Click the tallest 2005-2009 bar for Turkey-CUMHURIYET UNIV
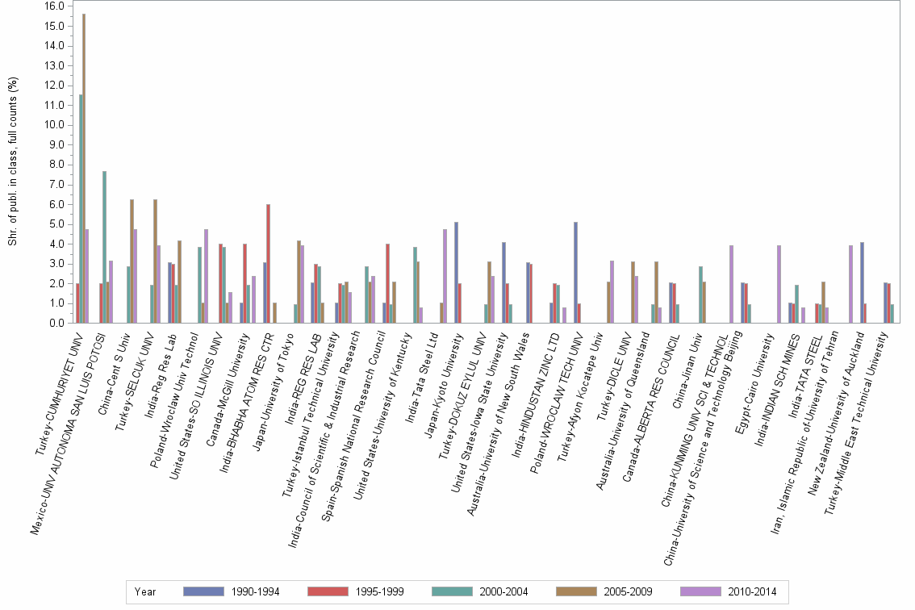[84, 169]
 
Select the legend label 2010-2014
[750, 591]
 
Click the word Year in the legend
[145, 591]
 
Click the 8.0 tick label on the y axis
[54, 165]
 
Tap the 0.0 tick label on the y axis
[54, 324]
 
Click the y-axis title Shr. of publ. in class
[12, 161]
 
